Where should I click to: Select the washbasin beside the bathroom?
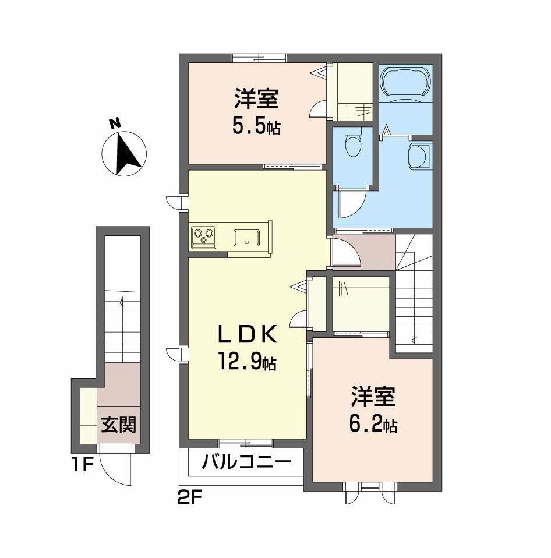pos(420,156)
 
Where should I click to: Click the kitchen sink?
pos(246,238)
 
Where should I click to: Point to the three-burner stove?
pos(204,238)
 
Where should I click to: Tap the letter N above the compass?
pos(115,123)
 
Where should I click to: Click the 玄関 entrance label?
pos(119,425)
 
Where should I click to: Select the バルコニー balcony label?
pos(247,462)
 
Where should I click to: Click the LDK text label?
pos(248,335)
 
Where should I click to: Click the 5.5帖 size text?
pos(256,127)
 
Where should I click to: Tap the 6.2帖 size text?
pos(373,424)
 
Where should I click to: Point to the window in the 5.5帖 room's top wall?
pos(259,58)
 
